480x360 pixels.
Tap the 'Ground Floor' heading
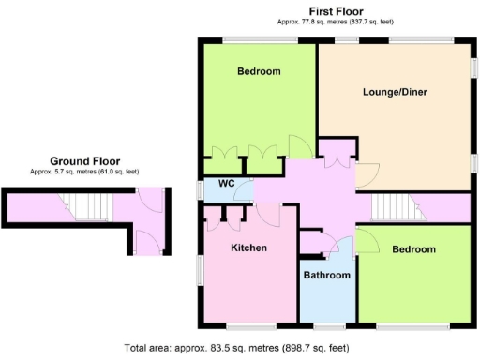(84, 160)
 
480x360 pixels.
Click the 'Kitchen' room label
(249, 247)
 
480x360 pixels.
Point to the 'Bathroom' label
(326, 275)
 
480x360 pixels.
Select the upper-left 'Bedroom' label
(259, 71)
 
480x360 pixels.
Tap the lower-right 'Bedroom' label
(413, 249)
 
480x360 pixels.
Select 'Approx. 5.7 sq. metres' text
(84, 172)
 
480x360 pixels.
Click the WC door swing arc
(242, 192)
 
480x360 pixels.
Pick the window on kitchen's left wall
(198, 269)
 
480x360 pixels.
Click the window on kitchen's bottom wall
(250, 325)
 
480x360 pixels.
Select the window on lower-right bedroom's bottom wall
(412, 325)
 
